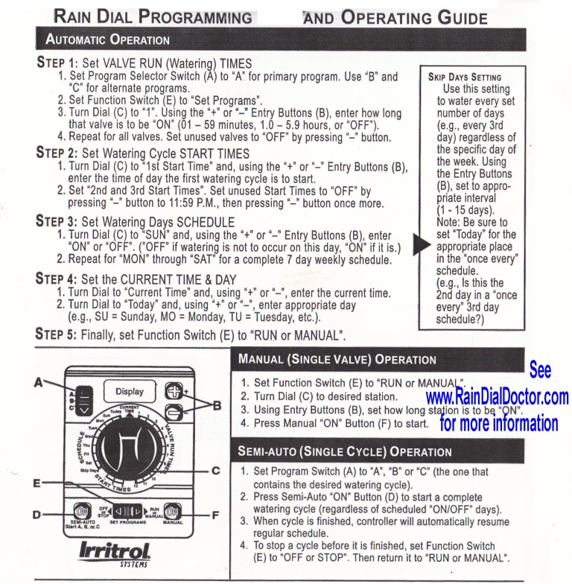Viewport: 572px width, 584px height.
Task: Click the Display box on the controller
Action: [x=129, y=391]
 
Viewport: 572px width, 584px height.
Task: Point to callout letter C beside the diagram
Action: [x=215, y=470]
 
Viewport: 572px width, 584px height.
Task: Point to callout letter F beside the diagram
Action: [x=215, y=513]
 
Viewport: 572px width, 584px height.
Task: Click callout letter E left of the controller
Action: [x=37, y=483]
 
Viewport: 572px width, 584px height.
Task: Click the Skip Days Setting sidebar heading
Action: [x=465, y=77]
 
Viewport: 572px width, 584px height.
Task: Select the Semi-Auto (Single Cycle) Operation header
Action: [x=344, y=452]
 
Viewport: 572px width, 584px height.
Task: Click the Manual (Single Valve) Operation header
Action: [x=337, y=359]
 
